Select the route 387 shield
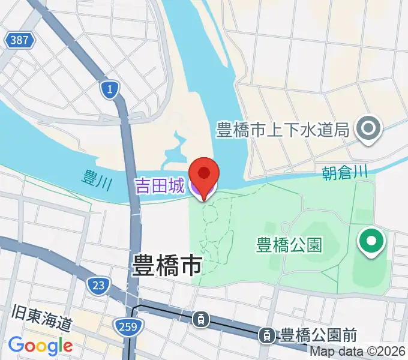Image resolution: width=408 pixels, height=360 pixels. point(20,41)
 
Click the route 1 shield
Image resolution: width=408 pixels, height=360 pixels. point(110,89)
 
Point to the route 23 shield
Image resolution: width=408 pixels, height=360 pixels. point(98,284)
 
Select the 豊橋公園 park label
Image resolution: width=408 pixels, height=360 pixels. point(289,245)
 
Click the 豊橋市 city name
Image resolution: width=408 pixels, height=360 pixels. point(167,264)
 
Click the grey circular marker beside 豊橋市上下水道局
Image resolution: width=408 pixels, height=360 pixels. point(368,129)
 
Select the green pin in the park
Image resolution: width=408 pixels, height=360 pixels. point(371,243)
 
